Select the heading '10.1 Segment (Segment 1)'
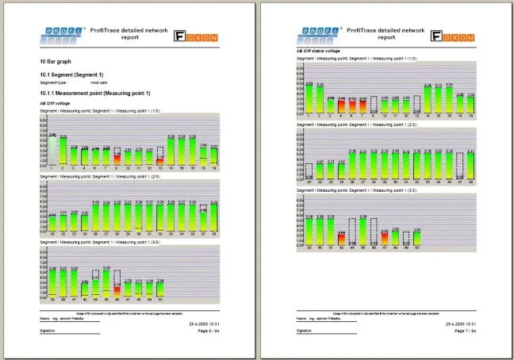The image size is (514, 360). coord(71,75)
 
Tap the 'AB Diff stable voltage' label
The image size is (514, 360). coord(317,52)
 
